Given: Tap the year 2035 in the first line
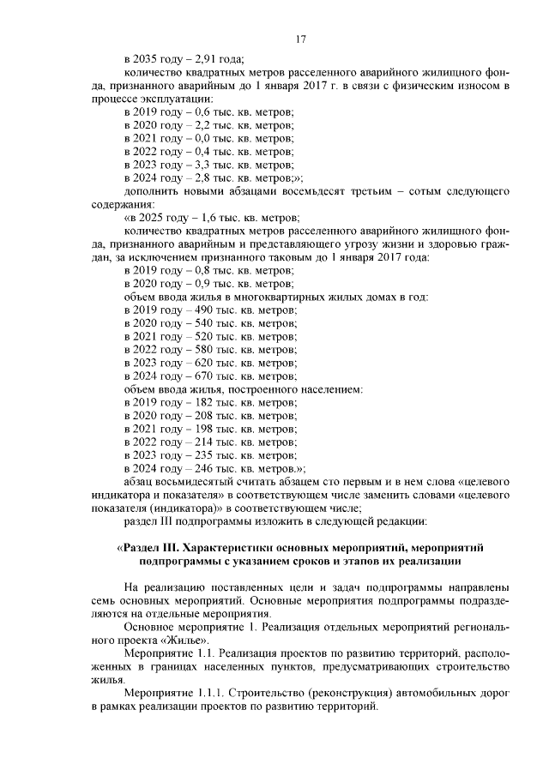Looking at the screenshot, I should point(146,59).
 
